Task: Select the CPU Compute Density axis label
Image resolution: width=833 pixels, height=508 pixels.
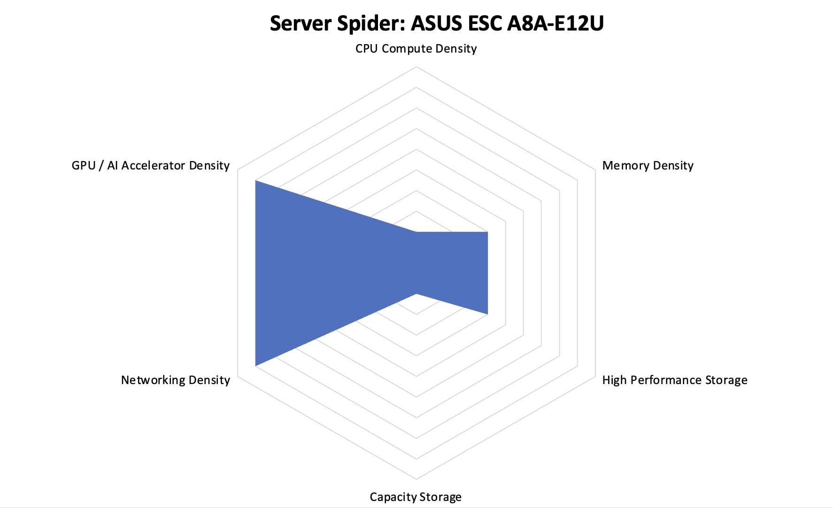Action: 416,49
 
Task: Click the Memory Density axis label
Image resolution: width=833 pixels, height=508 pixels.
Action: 648,166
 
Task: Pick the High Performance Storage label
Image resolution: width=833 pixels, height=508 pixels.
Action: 674,380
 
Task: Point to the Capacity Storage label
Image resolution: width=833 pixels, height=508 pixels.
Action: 416,497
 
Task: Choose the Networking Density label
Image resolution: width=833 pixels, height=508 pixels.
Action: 175,380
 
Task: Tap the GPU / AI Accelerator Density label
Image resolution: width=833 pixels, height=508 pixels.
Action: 150,166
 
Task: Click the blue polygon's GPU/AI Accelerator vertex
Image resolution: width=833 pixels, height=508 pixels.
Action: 255,180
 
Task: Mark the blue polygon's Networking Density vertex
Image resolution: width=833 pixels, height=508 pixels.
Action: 255,365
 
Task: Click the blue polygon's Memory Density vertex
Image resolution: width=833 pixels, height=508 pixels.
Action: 487,232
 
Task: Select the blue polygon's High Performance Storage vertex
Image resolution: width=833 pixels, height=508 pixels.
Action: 487,314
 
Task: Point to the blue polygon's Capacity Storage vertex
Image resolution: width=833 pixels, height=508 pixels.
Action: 416,293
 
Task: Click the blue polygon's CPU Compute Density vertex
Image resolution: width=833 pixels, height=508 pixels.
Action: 416,232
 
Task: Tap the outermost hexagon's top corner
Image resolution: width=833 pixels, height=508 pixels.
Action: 416,67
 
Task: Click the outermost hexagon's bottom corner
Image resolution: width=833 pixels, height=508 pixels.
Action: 416,479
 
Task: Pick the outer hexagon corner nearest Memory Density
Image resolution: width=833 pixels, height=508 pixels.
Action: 595,170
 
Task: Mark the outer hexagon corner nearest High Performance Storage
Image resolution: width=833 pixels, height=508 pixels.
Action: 595,376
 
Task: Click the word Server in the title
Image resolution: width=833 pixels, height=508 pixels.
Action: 301,23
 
